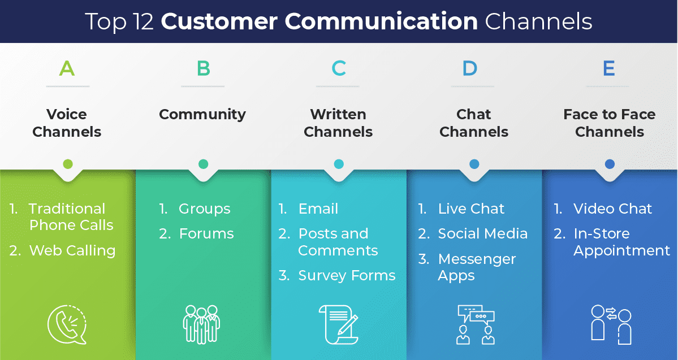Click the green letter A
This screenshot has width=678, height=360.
pos(67,69)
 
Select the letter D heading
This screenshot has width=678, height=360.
pos(470,69)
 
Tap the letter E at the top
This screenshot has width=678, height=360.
pos(608,69)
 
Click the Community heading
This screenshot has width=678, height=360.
pos(202,114)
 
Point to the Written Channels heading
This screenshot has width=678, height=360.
pos(338,123)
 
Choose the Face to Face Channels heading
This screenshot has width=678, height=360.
pos(610,123)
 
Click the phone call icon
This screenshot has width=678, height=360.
pos(67,325)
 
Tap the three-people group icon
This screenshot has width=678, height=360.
pos(201,324)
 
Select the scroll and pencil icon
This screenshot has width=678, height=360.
pos(338,324)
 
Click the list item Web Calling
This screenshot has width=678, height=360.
pos(72,250)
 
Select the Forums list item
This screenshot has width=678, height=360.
pos(206,233)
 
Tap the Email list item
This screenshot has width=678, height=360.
pos(318,209)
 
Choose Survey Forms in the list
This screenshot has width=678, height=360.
pos(347,276)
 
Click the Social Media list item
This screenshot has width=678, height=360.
pos(482,233)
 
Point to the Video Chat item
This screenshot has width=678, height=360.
pos(612,209)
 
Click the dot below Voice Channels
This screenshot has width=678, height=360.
pos(68,164)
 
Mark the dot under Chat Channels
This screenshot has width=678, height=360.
pos(474,164)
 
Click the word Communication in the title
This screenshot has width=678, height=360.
pos(381,21)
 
